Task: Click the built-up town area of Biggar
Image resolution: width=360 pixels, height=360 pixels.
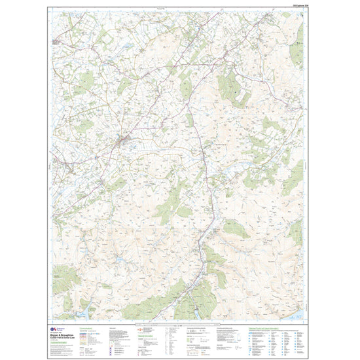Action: (x=122, y=140)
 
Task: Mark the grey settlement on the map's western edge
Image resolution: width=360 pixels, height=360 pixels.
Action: (x=56, y=41)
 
